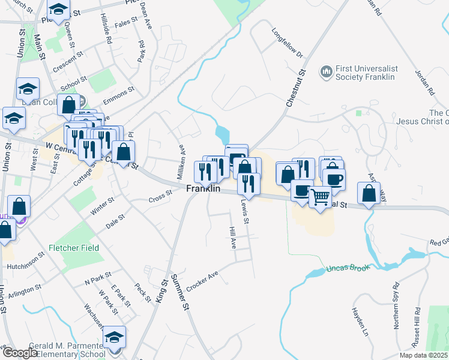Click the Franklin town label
click(203, 188)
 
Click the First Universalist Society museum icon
click(327, 72)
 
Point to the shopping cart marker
click(321, 196)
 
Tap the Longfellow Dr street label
click(287, 43)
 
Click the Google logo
click(20, 353)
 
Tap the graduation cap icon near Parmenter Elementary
click(114, 337)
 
